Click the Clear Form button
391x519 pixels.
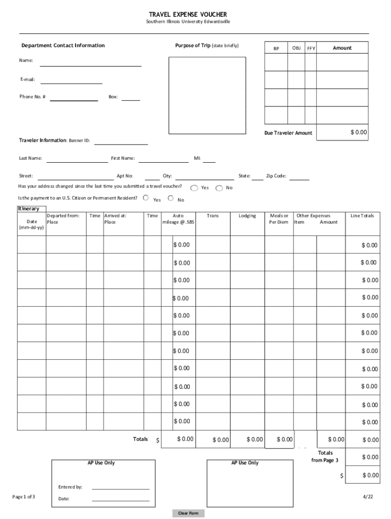tap(188, 513)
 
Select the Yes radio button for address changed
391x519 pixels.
tap(194, 188)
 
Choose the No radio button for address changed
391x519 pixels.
tap(219, 188)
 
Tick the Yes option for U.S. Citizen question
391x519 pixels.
tap(146, 198)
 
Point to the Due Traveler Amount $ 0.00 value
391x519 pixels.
tap(358, 132)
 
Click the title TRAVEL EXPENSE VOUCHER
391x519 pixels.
tap(188, 15)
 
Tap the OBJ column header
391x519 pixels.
tap(296, 48)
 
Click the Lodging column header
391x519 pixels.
tap(247, 216)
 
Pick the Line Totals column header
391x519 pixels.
tap(362, 216)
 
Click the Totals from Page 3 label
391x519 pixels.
tap(325, 457)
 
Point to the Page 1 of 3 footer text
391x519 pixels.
tap(24, 497)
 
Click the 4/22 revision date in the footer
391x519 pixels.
tap(368, 497)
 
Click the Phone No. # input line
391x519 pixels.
tap(74, 97)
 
